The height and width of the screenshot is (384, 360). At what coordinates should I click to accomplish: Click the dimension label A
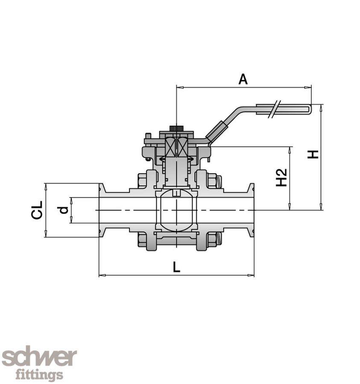click(x=243, y=79)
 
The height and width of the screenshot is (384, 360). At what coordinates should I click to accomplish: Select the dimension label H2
click(x=281, y=177)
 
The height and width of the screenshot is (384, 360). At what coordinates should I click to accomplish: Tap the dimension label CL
click(x=37, y=210)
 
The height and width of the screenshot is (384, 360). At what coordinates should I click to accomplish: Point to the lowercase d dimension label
click(x=63, y=210)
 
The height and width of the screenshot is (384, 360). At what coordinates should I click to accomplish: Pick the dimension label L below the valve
click(x=176, y=267)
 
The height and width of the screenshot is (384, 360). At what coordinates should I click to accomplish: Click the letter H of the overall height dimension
click(x=313, y=154)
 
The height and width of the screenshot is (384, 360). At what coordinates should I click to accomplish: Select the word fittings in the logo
click(x=39, y=375)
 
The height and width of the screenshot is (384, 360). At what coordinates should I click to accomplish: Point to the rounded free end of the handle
click(x=309, y=109)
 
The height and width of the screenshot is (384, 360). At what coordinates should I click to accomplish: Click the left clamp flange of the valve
click(x=102, y=210)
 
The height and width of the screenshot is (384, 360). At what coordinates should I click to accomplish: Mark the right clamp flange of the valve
click(x=251, y=210)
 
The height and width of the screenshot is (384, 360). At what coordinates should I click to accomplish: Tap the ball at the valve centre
click(x=176, y=210)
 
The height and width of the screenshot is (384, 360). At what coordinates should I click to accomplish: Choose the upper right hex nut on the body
click(x=212, y=180)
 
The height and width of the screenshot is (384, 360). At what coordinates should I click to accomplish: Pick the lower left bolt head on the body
click(x=142, y=240)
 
